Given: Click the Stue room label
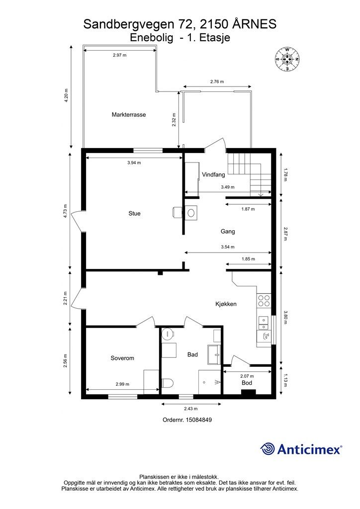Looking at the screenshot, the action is (x=134, y=213).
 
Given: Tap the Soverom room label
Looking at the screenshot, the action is (x=122, y=358).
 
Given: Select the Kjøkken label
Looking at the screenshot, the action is (x=226, y=304).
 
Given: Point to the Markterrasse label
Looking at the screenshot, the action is (x=129, y=115).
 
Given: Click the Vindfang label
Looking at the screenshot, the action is (x=213, y=174).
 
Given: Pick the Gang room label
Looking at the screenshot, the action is (x=228, y=232).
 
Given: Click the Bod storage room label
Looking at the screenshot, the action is (x=247, y=383).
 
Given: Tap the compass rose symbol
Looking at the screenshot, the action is (x=287, y=59).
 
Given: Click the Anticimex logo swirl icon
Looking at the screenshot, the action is (x=268, y=449).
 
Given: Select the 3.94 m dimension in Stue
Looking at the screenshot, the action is (x=134, y=163).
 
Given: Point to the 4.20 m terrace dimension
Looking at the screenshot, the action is (x=66, y=96).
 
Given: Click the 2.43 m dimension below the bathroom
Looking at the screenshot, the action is (x=191, y=409).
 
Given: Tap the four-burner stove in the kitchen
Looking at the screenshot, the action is (x=264, y=301).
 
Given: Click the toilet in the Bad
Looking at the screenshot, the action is (x=168, y=383).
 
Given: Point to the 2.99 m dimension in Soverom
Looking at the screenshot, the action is (x=122, y=384).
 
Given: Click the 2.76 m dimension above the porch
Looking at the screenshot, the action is (x=217, y=82).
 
